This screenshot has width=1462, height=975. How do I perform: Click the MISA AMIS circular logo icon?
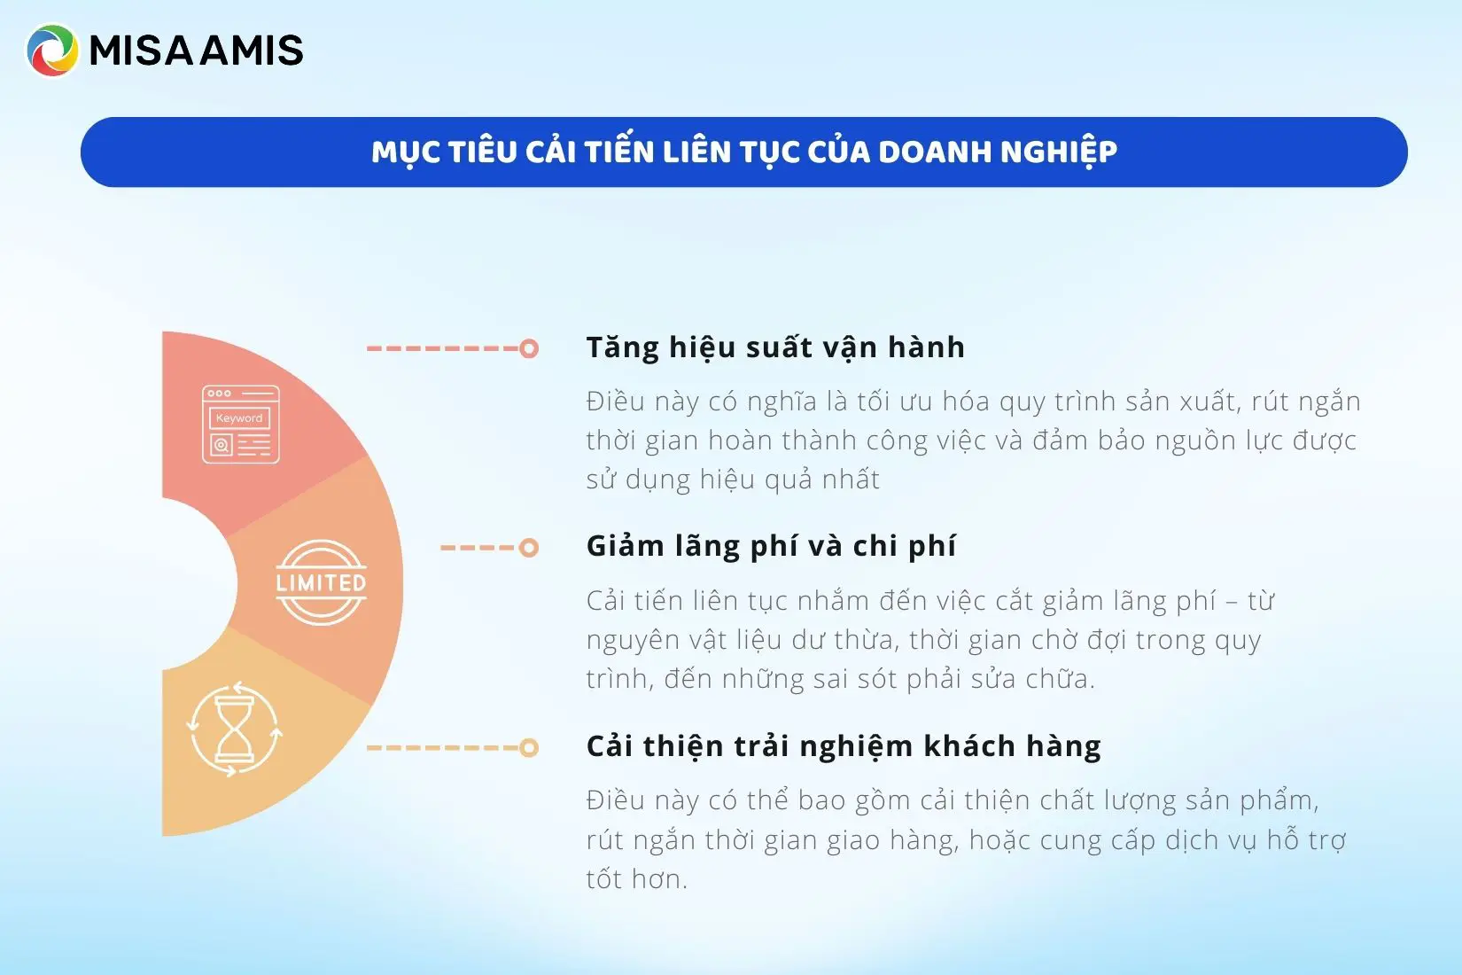(52, 51)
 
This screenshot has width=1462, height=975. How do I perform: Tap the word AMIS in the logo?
(252, 51)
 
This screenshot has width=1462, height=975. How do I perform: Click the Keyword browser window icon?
(241, 425)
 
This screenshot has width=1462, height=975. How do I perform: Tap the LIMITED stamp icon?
(321, 582)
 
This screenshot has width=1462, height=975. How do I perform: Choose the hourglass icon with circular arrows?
(234, 729)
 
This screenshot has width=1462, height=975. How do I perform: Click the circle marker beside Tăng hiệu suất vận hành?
(529, 348)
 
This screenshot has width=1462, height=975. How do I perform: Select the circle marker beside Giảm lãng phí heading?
(529, 547)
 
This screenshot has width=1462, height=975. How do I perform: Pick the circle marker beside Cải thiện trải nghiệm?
(529, 748)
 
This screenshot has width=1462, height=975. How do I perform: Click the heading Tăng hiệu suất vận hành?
(775, 347)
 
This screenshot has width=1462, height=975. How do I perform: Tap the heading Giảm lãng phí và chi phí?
(771, 546)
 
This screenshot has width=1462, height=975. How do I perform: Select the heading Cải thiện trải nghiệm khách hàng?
(844, 745)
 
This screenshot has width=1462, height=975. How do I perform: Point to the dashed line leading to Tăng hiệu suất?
(443, 348)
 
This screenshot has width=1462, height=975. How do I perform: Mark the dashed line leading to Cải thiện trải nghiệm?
(443, 748)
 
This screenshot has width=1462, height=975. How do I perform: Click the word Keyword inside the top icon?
(239, 418)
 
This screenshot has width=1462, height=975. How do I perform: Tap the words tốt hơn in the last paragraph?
(636, 879)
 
